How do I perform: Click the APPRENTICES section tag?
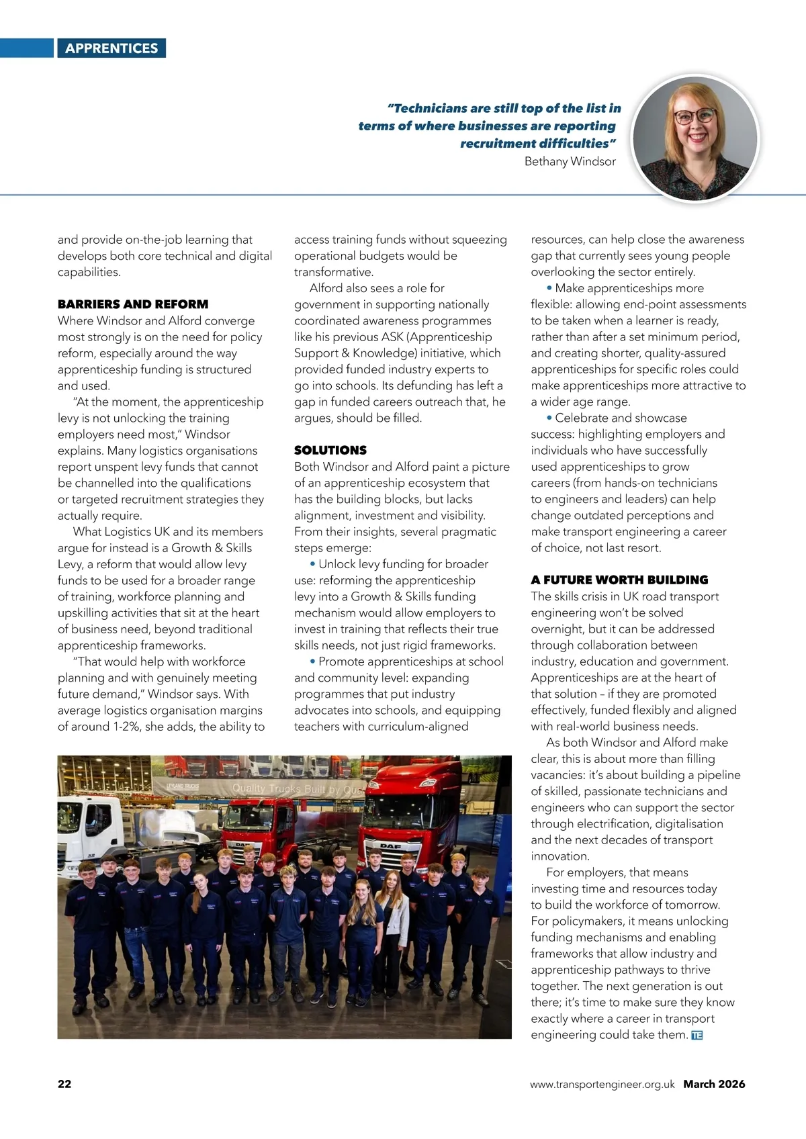111,48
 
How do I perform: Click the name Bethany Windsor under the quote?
570,161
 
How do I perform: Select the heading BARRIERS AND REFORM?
133,304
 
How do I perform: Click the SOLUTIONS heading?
330,450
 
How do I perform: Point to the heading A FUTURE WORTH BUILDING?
619,580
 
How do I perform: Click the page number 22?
64,1083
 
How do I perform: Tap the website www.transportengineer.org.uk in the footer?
602,1084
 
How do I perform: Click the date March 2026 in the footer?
714,1084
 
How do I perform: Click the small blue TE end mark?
697,1036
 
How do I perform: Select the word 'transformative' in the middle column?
333,272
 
